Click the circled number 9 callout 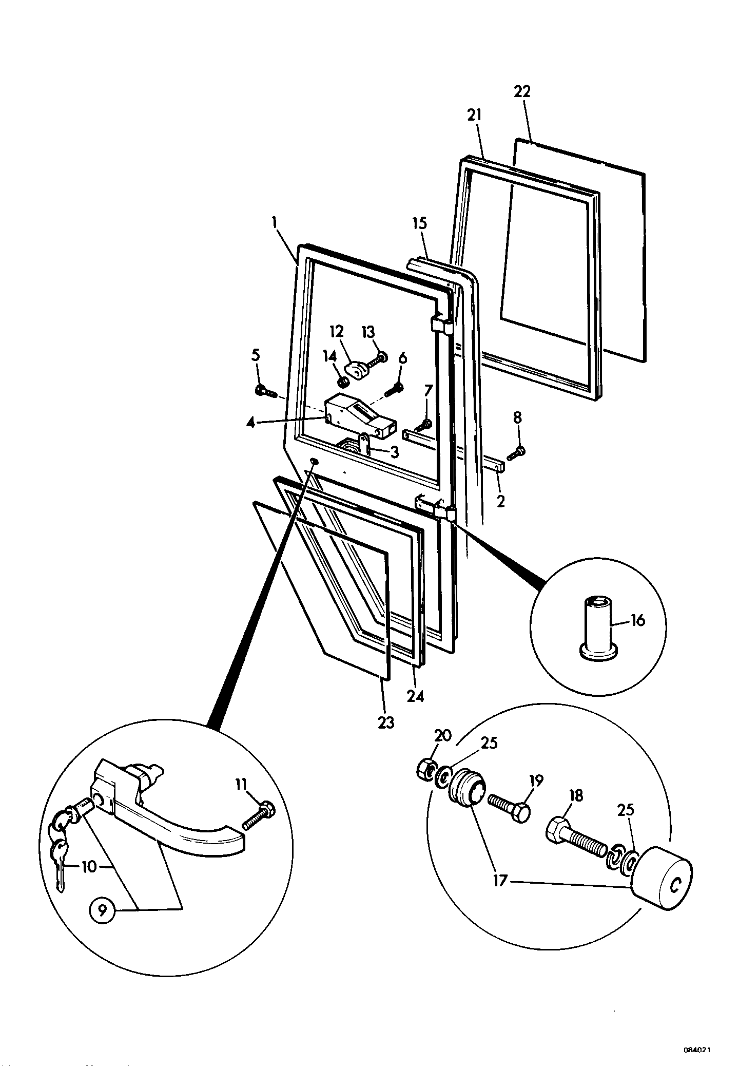point(103,910)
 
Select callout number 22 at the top point(522,91)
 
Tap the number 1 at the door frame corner point(275,223)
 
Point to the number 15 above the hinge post point(419,224)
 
